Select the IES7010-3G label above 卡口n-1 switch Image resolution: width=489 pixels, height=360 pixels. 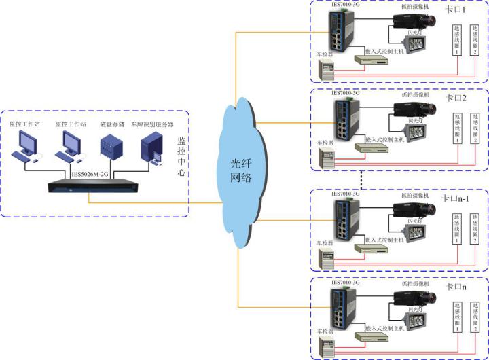(x=344, y=194)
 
